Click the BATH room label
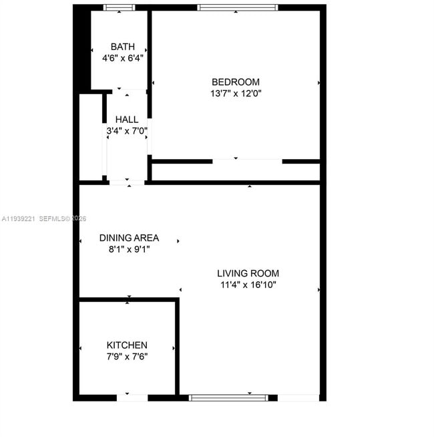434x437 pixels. pyautogui.click(x=122, y=47)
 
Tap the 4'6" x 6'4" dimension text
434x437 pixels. pyautogui.click(x=122, y=58)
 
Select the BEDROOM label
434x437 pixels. pyautogui.click(x=235, y=82)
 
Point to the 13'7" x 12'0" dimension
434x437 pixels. pyautogui.click(x=235, y=94)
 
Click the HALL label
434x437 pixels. pyautogui.click(x=127, y=120)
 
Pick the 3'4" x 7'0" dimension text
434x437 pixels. pyautogui.click(x=127, y=131)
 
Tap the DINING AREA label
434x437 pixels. pyautogui.click(x=129, y=238)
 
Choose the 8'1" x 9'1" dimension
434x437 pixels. pyautogui.click(x=129, y=249)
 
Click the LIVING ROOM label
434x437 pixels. pyautogui.click(x=248, y=273)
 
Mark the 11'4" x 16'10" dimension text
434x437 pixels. pyautogui.click(x=248, y=285)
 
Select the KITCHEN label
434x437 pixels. pyautogui.click(x=127, y=345)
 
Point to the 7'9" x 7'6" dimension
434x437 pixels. pyautogui.click(x=127, y=356)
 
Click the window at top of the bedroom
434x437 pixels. pyautogui.click(x=237, y=8)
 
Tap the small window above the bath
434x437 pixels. pyautogui.click(x=119, y=8)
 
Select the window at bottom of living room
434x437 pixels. pyautogui.click(x=228, y=398)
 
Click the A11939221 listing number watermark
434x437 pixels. pyautogui.click(x=18, y=218)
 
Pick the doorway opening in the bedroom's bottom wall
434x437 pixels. pyautogui.click(x=247, y=161)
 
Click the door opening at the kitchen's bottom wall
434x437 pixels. pyautogui.click(x=132, y=398)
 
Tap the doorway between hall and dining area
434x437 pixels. pyautogui.click(x=126, y=182)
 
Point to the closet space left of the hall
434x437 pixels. pyautogui.click(x=90, y=137)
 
